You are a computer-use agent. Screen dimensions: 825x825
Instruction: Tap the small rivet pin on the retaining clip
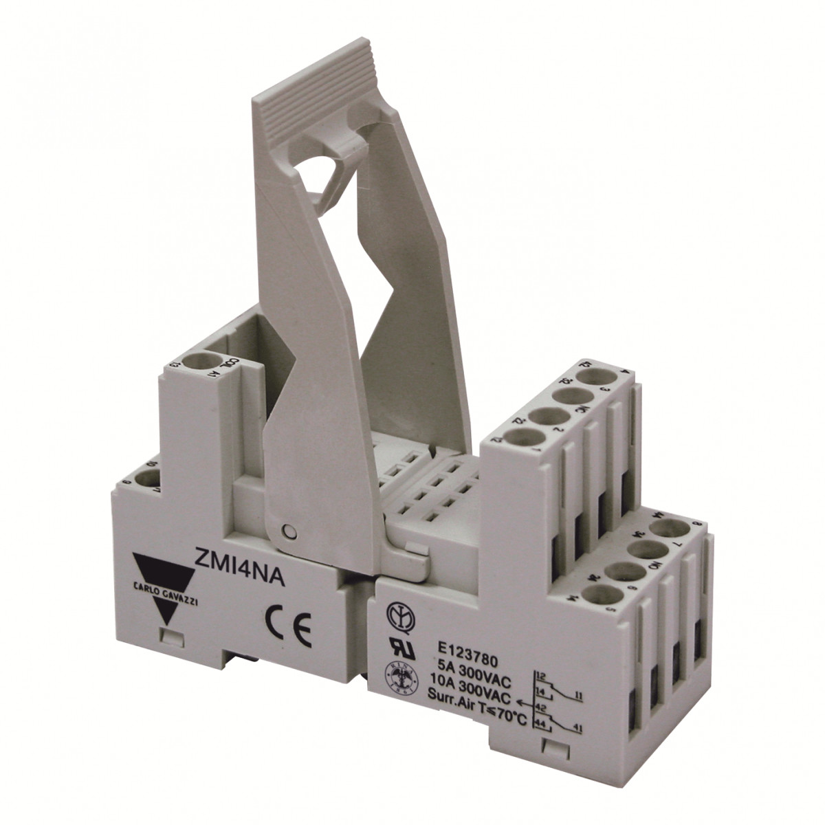[x=288, y=530]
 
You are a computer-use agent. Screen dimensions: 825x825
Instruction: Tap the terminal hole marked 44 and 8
[x=664, y=529]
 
